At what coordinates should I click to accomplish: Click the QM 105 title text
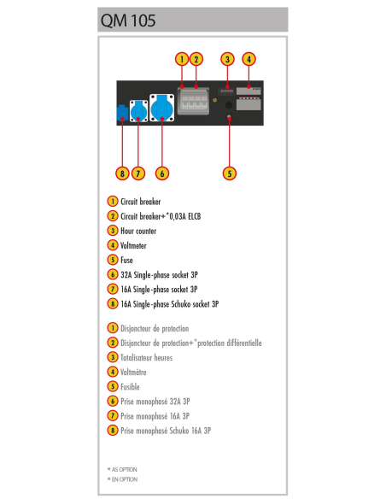(128, 21)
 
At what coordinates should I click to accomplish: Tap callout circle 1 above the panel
(182, 59)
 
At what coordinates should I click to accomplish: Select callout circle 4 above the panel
(249, 59)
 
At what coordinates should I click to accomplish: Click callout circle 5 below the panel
(230, 173)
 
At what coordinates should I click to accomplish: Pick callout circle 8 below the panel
(122, 173)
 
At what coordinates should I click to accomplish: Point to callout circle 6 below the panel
(162, 173)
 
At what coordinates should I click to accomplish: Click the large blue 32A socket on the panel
(162, 108)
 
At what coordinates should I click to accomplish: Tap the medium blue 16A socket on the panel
(138, 111)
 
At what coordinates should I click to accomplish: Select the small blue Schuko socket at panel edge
(122, 113)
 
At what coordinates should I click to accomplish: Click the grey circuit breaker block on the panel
(193, 101)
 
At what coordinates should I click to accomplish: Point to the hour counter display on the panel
(226, 91)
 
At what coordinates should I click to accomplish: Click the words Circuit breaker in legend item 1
(141, 202)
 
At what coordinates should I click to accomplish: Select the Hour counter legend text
(138, 231)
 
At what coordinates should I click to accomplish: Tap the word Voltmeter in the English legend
(133, 245)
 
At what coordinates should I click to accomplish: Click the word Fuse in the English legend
(126, 260)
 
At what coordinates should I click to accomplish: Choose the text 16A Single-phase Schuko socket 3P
(169, 304)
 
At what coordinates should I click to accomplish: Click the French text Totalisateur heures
(146, 357)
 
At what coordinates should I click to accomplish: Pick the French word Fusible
(130, 387)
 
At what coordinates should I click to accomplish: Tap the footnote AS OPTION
(124, 469)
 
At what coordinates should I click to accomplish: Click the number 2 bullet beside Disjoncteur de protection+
(113, 343)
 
